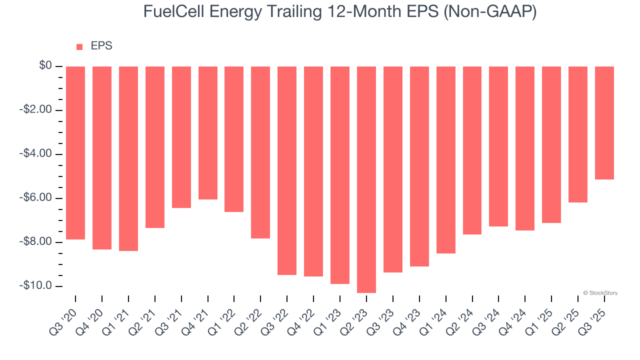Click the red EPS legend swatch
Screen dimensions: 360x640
[79, 47]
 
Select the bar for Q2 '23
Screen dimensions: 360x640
[366, 179]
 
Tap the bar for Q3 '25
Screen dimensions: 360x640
[604, 123]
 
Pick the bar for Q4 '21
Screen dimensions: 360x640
[207, 133]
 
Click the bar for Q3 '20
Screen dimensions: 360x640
[75, 153]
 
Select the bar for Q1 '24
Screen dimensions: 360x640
[445, 160]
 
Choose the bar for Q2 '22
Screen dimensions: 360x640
[260, 152]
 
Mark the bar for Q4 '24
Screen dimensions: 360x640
[525, 148]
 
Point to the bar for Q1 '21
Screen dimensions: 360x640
[128, 158]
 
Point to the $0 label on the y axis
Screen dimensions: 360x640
[45, 66]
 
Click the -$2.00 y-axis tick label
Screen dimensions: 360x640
[37, 110]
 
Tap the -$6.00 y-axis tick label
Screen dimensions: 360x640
[37, 198]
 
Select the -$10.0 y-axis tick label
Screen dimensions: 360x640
[37, 286]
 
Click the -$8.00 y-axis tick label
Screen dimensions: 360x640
[37, 242]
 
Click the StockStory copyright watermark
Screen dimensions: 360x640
[600, 293]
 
